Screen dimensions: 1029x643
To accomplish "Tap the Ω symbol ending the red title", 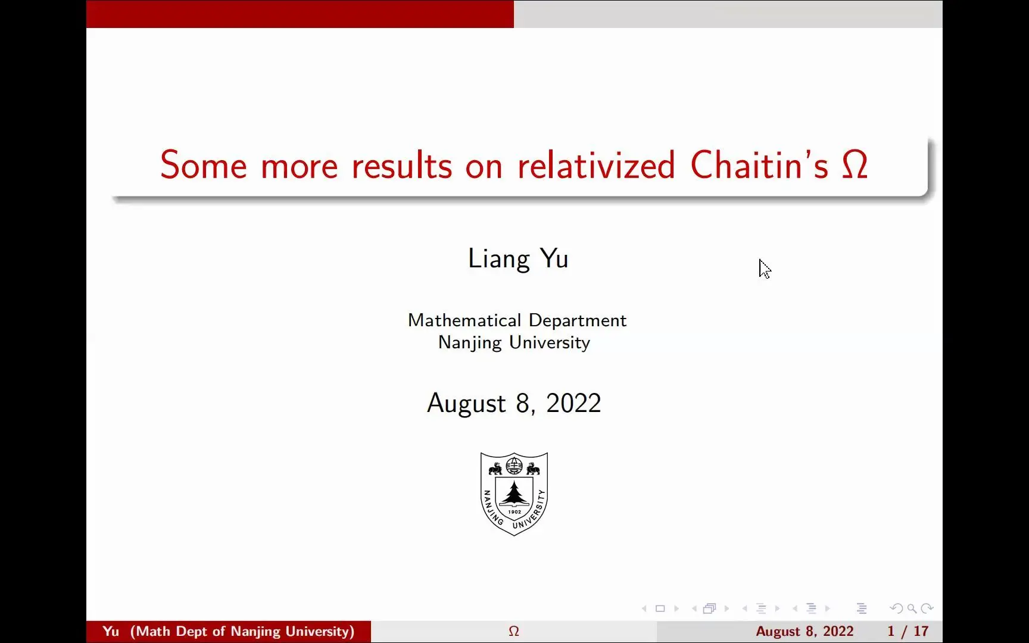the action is tap(855, 165).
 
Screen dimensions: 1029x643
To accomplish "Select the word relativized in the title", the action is tap(596, 165).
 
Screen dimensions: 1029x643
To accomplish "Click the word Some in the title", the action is tap(203, 165).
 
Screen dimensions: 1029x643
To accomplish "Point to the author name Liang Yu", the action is tap(518, 259).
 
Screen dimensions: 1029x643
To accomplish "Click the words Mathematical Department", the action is tap(517, 320).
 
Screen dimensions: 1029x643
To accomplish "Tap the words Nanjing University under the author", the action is tap(514, 343).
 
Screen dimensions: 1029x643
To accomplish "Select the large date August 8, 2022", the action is tap(514, 404).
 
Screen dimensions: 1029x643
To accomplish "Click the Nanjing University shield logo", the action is tap(514, 494).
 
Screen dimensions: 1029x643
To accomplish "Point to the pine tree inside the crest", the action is tap(514, 492).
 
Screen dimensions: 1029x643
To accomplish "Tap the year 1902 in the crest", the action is tap(514, 512).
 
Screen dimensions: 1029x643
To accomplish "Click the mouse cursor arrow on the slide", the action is tap(765, 269).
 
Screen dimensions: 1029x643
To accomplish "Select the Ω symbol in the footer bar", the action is tap(514, 631).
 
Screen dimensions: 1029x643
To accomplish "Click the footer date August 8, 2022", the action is tap(805, 631).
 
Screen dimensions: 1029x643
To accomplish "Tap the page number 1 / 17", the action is tap(908, 631).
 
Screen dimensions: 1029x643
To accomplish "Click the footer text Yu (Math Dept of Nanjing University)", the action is tap(229, 631).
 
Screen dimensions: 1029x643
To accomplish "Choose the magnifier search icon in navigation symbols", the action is tap(912, 608).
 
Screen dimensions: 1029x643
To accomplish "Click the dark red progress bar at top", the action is tap(300, 14).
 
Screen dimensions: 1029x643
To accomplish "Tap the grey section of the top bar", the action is tap(728, 14).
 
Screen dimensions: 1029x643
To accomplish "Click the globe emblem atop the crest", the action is tap(514, 464).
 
